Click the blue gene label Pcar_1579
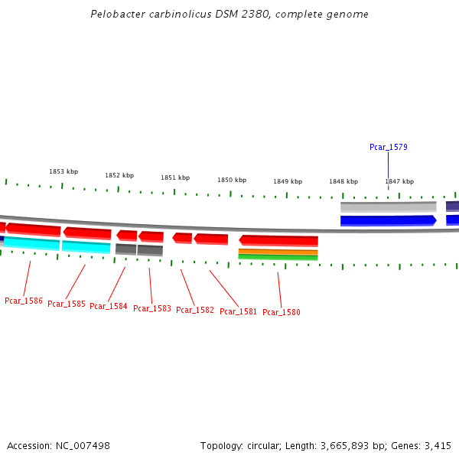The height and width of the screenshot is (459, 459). point(388,147)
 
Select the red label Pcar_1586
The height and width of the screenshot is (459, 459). point(24,301)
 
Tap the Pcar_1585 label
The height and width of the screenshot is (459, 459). point(67,304)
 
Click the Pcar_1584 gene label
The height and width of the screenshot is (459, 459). point(109,306)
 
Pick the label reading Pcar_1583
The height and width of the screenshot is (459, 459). point(152,308)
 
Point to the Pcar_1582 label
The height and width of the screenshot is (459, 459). point(195,310)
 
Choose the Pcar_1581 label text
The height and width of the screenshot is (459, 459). point(239,311)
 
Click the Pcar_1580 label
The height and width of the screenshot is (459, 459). point(282,312)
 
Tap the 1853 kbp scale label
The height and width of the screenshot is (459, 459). point(63,171)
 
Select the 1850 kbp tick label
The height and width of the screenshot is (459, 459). point(232,180)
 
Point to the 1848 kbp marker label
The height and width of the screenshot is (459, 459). point(343,181)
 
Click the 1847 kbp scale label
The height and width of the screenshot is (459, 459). point(399,181)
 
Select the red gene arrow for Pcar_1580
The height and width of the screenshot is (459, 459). point(278,240)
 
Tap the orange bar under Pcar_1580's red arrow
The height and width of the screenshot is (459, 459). point(278,251)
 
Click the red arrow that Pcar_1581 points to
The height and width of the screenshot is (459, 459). point(210,239)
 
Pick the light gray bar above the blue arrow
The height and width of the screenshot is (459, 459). point(388,207)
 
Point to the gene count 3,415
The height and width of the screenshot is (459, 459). point(438,445)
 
